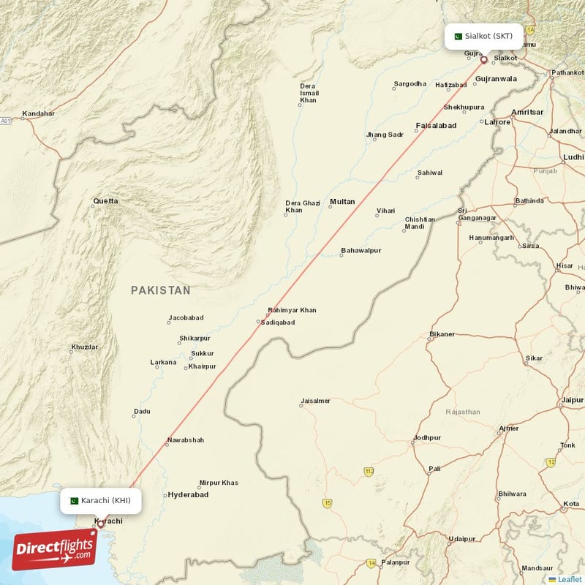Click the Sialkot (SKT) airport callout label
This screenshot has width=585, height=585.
click(484, 36)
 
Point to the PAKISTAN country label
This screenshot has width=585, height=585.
click(161, 290)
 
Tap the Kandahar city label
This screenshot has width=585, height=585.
click(38, 113)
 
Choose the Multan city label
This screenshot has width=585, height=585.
click(342, 202)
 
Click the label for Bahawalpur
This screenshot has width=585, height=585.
click(361, 251)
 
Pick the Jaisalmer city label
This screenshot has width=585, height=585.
click(315, 401)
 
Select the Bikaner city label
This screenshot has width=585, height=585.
click(442, 334)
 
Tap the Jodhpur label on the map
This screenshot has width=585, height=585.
click(428, 437)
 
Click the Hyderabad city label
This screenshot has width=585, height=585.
click(188, 495)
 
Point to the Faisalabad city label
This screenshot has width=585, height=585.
click(436, 125)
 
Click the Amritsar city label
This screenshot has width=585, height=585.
click(528, 112)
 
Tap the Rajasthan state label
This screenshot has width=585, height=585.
click(463, 412)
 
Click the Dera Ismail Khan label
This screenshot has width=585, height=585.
click(309, 93)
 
